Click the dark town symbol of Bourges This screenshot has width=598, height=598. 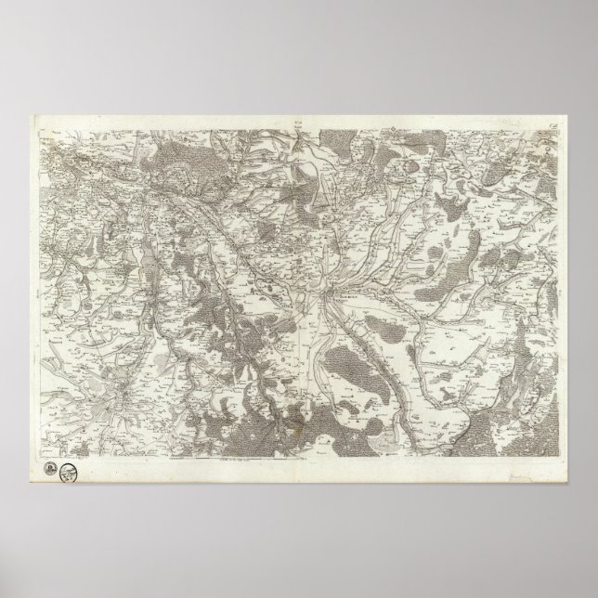pyautogui.click(x=327, y=295)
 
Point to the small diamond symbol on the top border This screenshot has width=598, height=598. pyautogui.click(x=367, y=117)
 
